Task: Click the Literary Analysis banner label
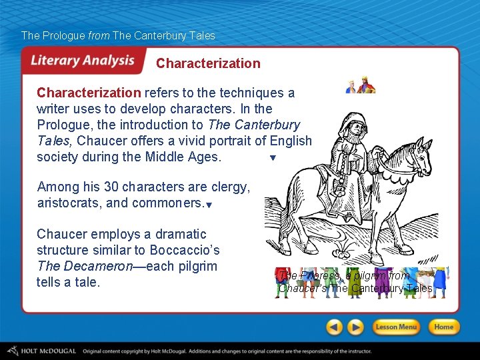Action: point(82,61)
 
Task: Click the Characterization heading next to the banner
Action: point(208,64)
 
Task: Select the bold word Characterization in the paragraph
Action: point(89,93)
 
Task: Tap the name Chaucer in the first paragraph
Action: point(99,141)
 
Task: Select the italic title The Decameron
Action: point(83,266)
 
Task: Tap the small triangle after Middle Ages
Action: point(272,159)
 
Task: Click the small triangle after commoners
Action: point(209,206)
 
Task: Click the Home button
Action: point(443,327)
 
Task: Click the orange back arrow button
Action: point(335,327)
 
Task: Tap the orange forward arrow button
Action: point(356,327)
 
